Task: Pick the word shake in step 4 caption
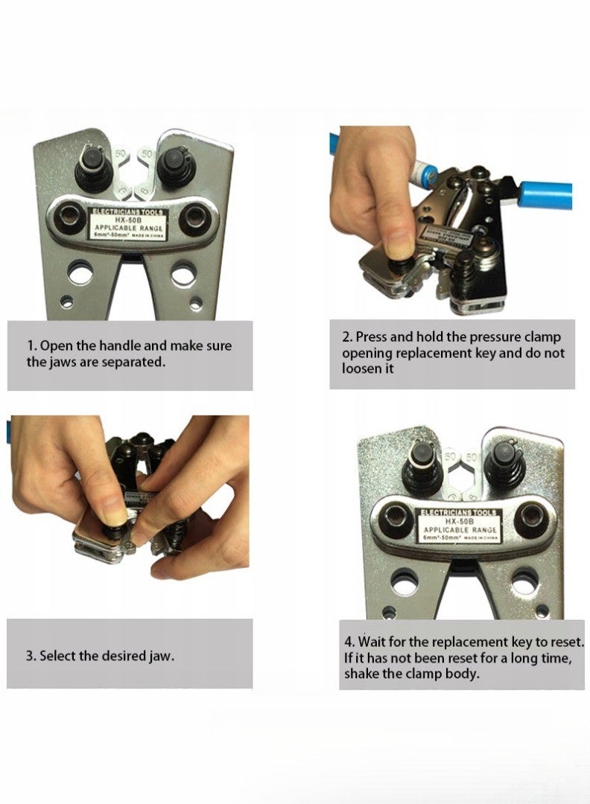click(x=362, y=674)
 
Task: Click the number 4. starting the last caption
click(x=349, y=641)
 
